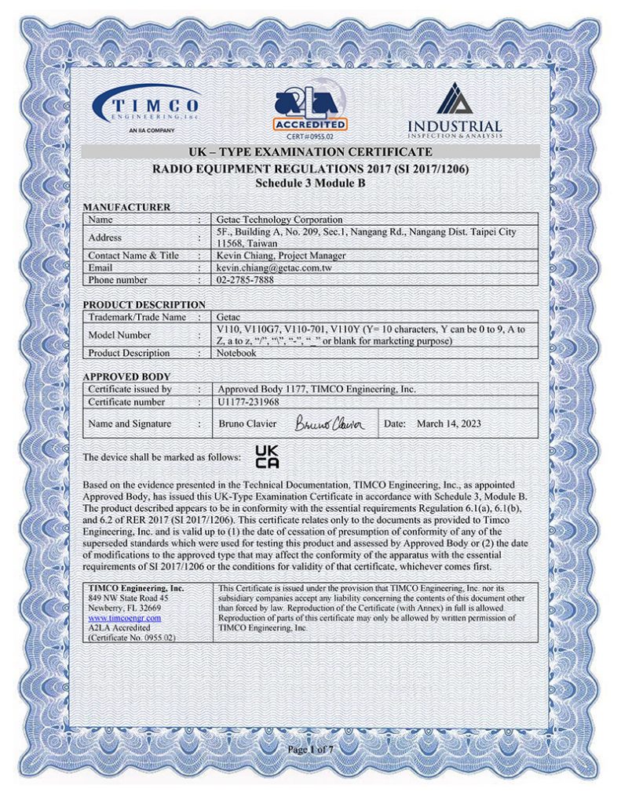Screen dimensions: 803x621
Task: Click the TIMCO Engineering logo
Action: coord(148,108)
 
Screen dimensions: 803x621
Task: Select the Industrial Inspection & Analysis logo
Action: coord(455,109)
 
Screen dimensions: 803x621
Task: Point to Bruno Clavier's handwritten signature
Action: coord(330,424)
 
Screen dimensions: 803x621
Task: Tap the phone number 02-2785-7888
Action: coord(245,280)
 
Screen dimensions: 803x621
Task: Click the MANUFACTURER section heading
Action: coord(127,207)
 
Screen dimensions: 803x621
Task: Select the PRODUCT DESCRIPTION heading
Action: coord(144,304)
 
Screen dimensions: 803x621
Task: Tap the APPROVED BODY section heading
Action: coord(126,376)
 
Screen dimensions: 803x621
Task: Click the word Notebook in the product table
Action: coord(236,353)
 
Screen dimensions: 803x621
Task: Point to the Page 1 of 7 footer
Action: coord(311,750)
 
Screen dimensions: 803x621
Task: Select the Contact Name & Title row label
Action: coord(133,256)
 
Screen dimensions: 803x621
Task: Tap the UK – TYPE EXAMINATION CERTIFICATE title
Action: coord(311,151)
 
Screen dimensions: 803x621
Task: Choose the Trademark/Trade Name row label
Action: coord(137,317)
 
